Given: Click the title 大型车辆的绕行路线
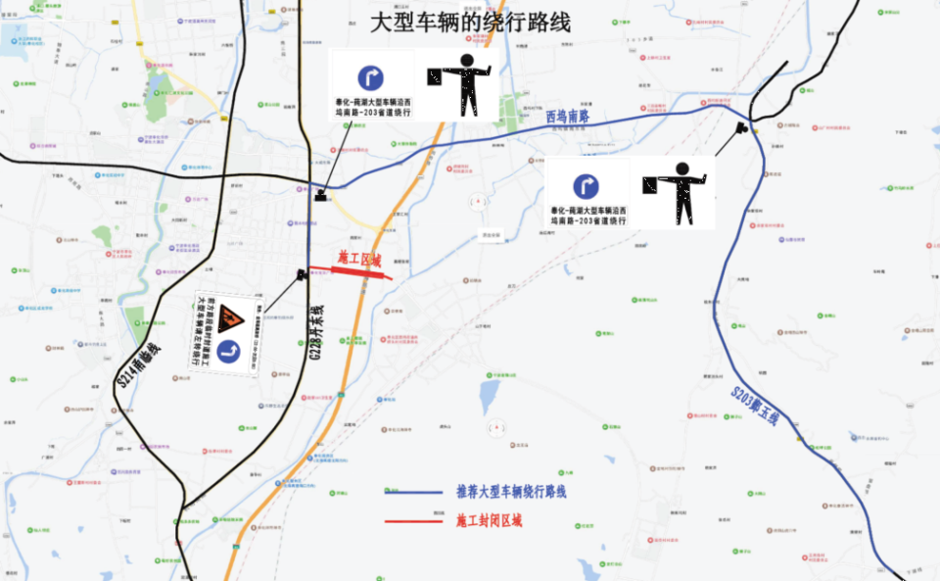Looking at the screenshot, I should coord(469,22).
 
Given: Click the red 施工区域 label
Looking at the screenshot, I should coord(359,258).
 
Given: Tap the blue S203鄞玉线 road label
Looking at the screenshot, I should coord(754,405).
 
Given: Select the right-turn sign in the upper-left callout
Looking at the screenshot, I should coord(370,77).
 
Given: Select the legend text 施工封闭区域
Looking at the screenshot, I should coord(489,520).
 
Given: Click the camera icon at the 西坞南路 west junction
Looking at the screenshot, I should coord(320,196).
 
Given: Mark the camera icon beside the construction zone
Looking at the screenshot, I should coord(302,273).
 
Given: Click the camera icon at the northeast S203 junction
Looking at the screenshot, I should coord(743,127).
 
